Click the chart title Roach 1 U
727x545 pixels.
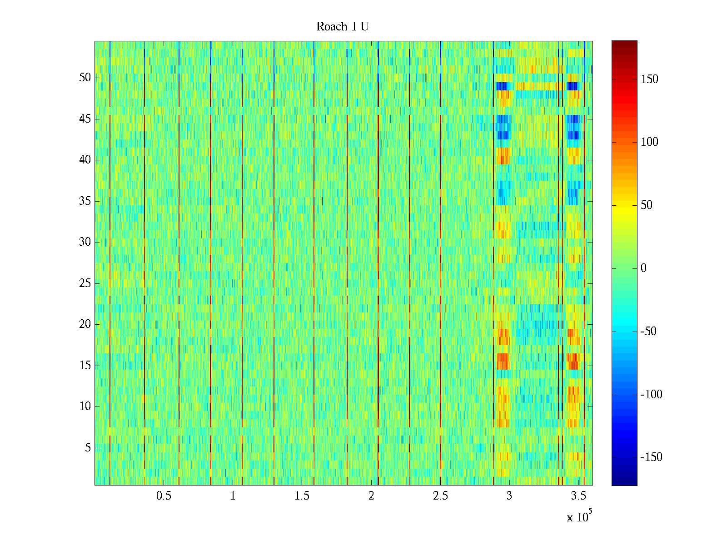(342, 27)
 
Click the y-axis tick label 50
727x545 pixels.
(85, 78)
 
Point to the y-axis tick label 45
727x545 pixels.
(85, 119)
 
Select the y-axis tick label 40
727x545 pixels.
(85, 160)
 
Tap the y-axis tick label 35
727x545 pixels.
(85, 201)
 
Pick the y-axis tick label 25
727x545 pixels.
(85, 283)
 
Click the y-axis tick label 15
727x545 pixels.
(85, 366)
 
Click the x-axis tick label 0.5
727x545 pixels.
(164, 496)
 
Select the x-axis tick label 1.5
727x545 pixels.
(302, 496)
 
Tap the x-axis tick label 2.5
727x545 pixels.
(440, 496)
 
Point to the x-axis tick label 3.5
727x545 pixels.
(578, 496)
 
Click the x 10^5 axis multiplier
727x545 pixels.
(579, 516)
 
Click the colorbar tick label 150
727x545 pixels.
(649, 79)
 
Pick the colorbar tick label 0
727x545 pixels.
(643, 268)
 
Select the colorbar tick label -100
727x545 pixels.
(651, 395)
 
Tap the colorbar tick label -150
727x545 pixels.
(651, 457)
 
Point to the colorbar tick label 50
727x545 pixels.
(647, 205)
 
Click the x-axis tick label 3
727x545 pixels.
(509, 496)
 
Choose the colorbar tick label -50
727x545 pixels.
(648, 332)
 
